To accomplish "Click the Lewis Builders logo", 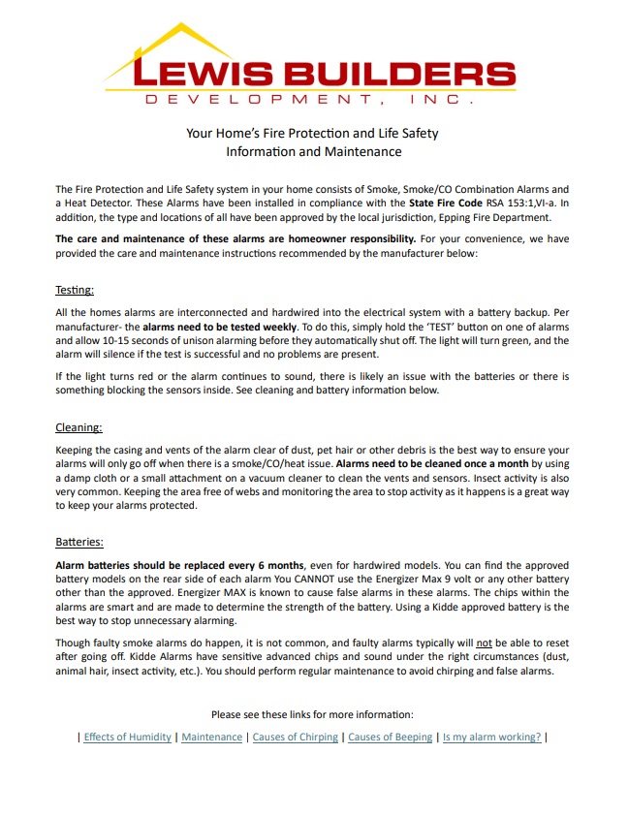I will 313,66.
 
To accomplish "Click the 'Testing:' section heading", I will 74,290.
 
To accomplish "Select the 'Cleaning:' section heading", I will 78,426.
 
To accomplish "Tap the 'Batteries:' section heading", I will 78,542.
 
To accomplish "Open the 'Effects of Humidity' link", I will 128,738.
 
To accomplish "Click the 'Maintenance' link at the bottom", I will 212,738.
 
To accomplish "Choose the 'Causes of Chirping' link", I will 296,738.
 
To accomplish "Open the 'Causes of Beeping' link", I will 390,738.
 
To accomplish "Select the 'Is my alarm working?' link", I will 491,738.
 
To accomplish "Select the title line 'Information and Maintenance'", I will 313,152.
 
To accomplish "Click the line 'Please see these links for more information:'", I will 313,714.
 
